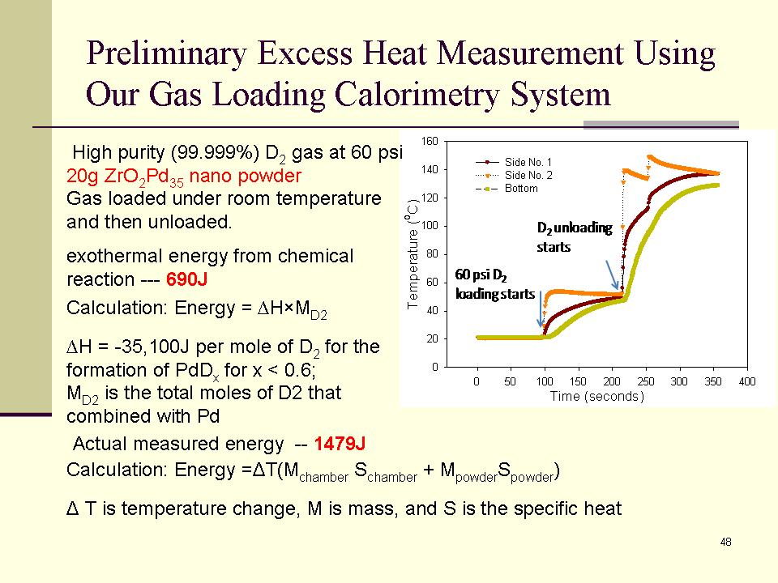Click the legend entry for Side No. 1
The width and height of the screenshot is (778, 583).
pos(528,163)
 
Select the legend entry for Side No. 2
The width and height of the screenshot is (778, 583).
pos(528,175)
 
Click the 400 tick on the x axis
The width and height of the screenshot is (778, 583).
pos(747,381)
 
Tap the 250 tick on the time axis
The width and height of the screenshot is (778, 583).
pos(646,381)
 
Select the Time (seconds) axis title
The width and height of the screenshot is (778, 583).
pos(596,396)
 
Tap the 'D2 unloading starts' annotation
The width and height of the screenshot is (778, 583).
pos(574,236)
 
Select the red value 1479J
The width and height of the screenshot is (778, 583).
pos(340,444)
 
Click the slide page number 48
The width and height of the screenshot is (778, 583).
pos(725,542)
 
